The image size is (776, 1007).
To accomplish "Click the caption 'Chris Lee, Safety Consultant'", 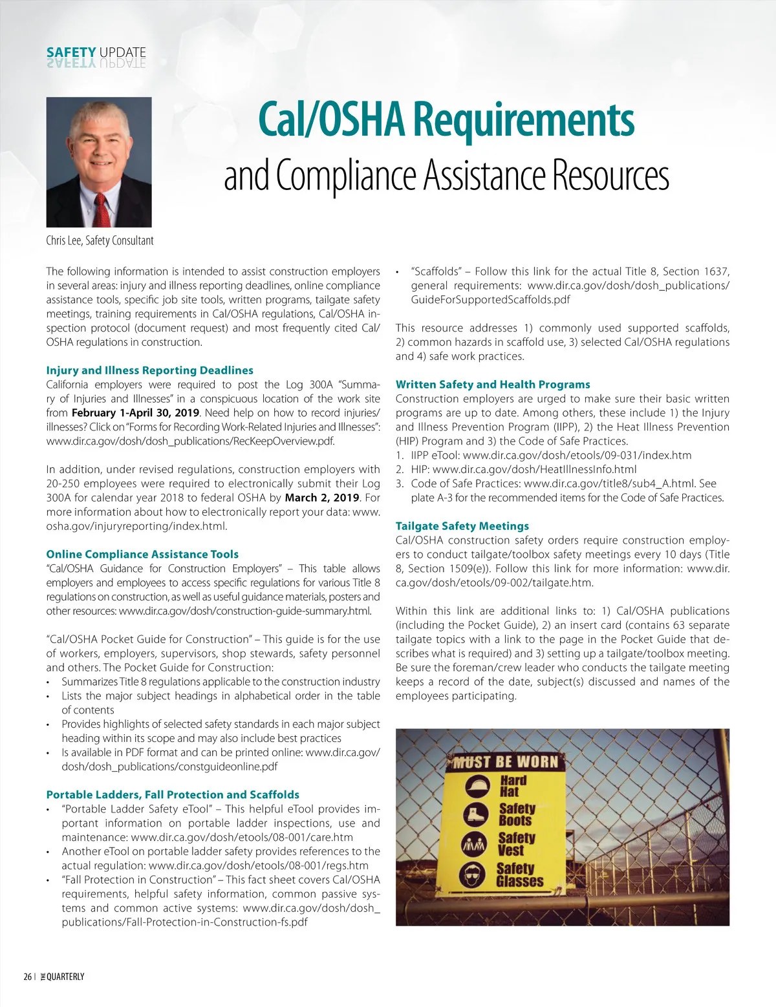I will coord(100,240).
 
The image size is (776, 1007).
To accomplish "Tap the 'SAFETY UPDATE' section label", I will coord(96,52).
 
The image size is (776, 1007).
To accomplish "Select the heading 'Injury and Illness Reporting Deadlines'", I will coord(149,370).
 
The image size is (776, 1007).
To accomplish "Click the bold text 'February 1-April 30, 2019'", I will coord(135,413).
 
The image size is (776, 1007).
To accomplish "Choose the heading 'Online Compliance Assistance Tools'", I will coord(142,554).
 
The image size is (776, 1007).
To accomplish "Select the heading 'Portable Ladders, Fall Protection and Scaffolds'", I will coord(173,794).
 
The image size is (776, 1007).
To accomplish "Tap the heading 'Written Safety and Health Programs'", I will coord(493,385).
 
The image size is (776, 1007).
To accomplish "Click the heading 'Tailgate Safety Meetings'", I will coord(462,526).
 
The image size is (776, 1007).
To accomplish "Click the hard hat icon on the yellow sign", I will coord(477,786).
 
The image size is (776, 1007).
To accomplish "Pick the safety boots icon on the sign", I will coord(477,814).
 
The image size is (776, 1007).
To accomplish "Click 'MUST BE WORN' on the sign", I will coord(505,762).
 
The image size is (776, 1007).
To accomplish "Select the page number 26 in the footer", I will coord(27,977).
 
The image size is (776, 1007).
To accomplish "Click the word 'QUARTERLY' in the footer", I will coord(65,977).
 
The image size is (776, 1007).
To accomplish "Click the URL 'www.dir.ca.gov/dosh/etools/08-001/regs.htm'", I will coord(259,865).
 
